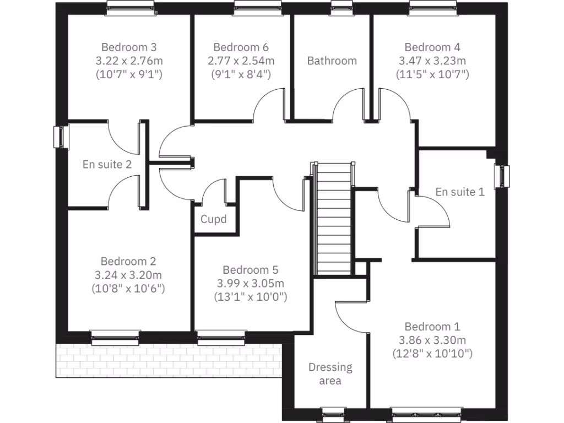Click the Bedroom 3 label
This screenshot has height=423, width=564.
[x=129, y=47]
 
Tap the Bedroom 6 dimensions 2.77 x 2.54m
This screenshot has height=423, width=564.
[x=241, y=61]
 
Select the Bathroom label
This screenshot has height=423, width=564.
[x=332, y=61]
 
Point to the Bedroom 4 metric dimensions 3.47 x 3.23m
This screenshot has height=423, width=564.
[x=432, y=61]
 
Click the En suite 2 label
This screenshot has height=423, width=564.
[x=107, y=164]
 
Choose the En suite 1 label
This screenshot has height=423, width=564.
[x=460, y=192]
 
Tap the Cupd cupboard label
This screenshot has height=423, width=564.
[x=213, y=220]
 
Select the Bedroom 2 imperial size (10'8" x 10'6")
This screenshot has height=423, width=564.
[x=129, y=288]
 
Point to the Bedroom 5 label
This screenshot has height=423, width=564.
[x=250, y=270]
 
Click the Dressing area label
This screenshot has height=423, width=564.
[x=330, y=374]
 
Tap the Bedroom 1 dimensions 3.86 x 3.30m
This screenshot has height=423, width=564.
[x=432, y=340]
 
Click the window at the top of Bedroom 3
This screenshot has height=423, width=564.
[x=129, y=5]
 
